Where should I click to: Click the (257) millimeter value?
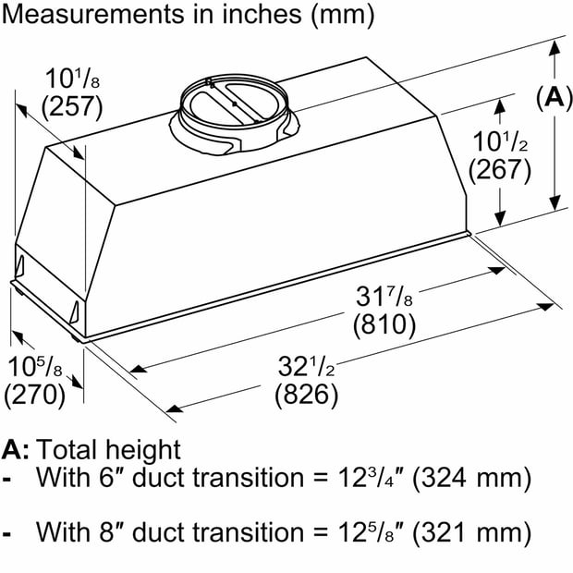tap(72, 107)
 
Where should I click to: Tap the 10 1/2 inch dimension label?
tap(500, 141)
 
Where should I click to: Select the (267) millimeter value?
tap(500, 169)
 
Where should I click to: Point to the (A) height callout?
tap(554, 97)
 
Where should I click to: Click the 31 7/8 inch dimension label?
tap(384, 296)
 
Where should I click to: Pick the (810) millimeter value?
tap(384, 324)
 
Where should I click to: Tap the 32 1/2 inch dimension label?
tap(306, 366)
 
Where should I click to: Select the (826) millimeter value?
tap(306, 395)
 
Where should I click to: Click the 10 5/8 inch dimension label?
tap(35, 366)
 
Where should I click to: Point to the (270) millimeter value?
tap(35, 395)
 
